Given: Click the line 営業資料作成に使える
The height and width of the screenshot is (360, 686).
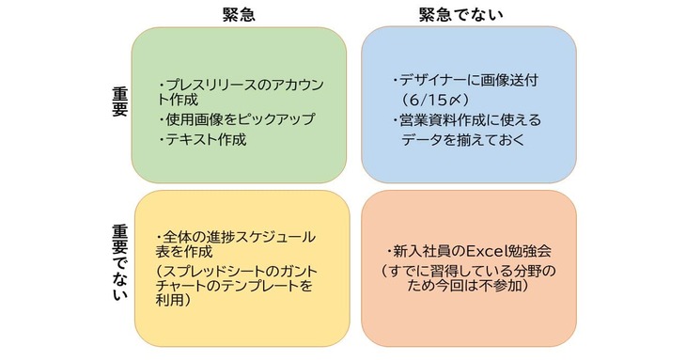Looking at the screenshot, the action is pos(467,120).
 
